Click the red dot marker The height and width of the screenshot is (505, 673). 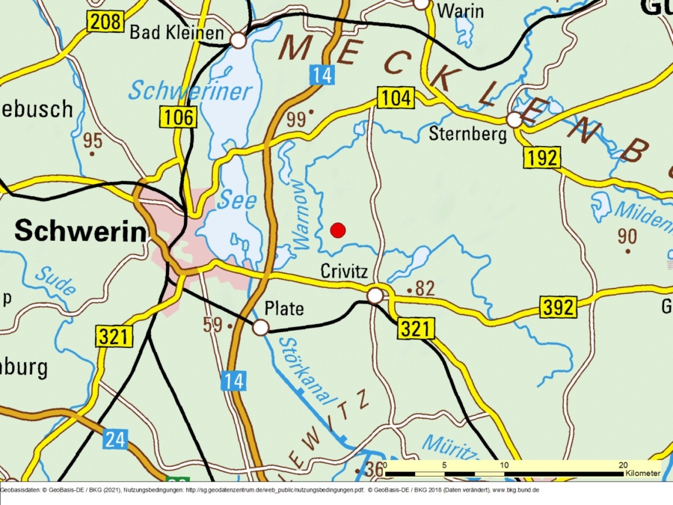(338, 230)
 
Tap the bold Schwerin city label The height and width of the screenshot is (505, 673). (81, 231)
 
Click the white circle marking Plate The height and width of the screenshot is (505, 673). (260, 328)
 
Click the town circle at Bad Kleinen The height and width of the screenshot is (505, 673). (239, 40)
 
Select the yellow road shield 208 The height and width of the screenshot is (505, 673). (105, 22)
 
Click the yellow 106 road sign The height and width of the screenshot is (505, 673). (178, 117)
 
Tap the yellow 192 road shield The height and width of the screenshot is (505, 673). (541, 158)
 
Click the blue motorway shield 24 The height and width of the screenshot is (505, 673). (115, 439)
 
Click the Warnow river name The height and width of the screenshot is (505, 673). (301, 214)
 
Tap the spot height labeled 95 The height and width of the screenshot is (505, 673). (93, 141)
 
